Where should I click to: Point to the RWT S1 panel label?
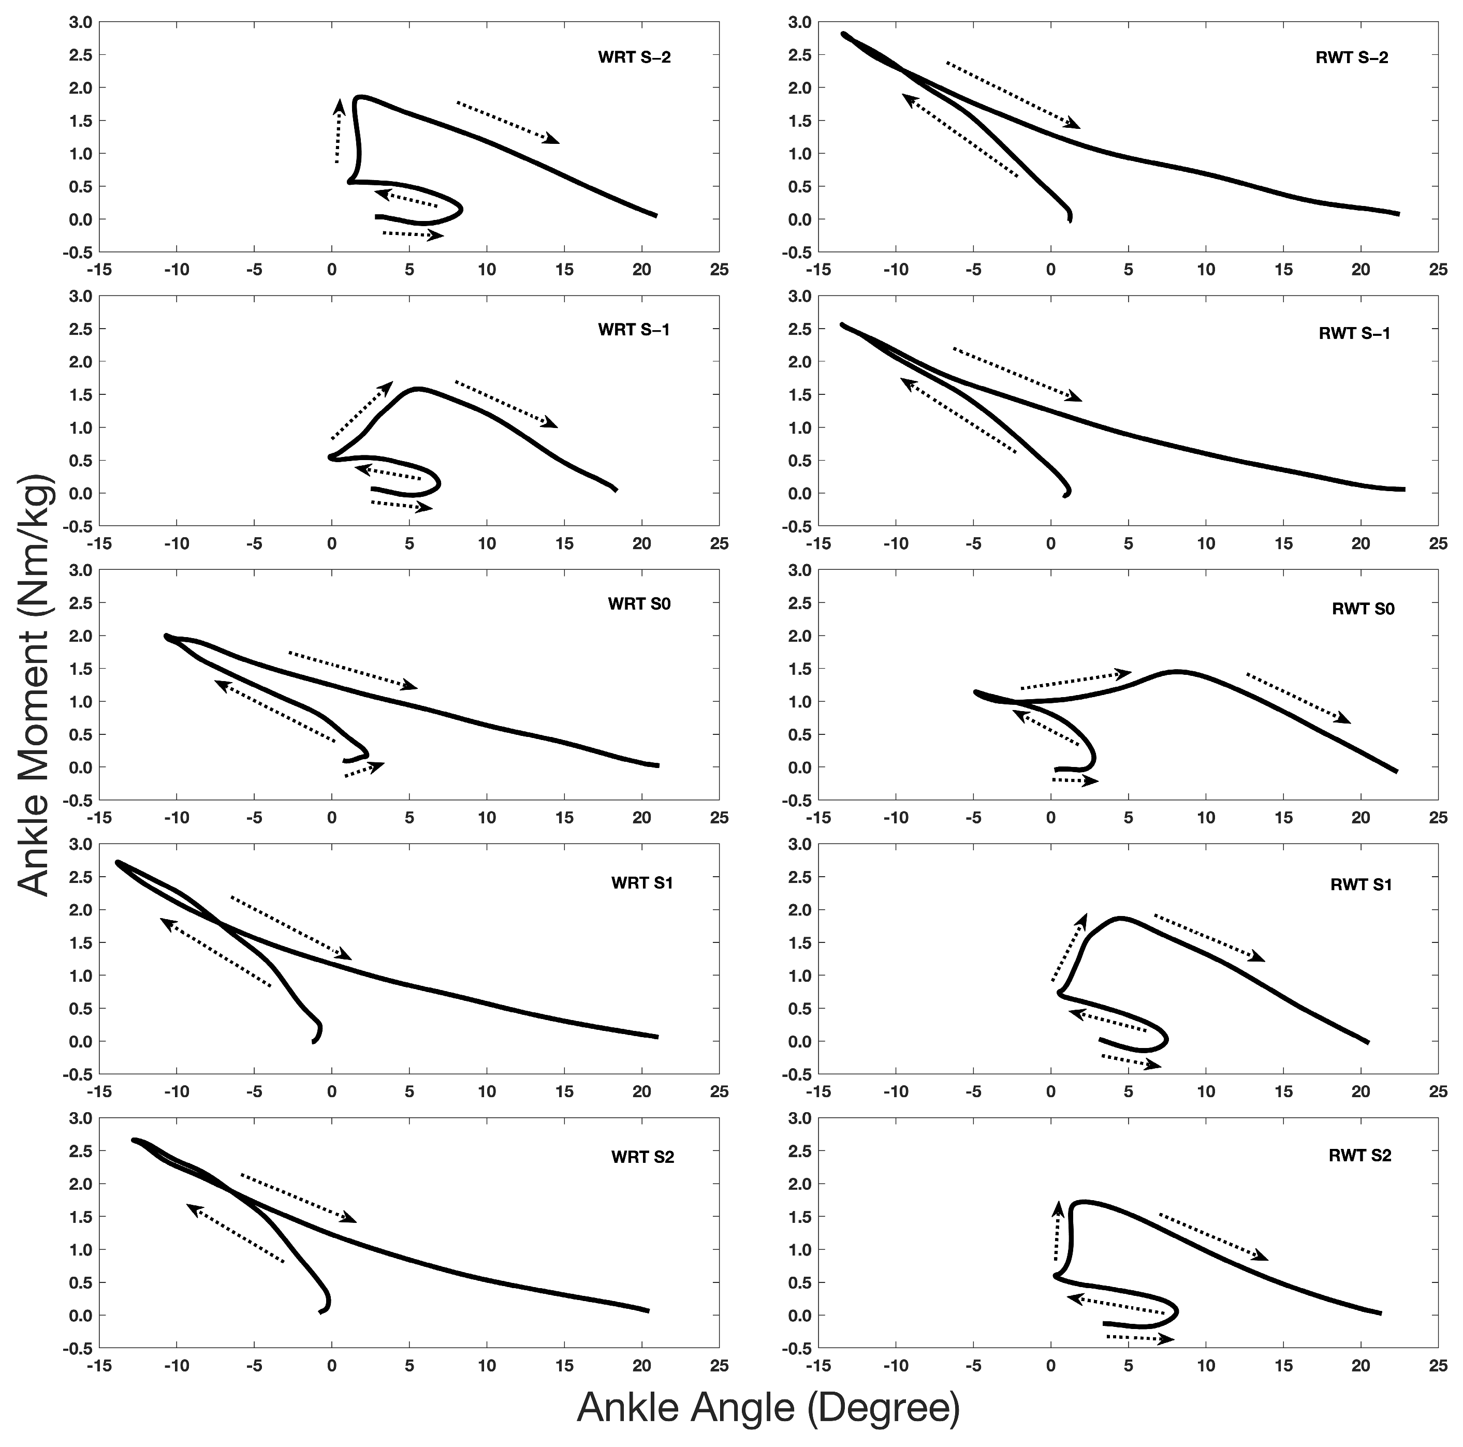pyautogui.click(x=1361, y=884)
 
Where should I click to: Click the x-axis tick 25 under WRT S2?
pyautogui.click(x=719, y=1365)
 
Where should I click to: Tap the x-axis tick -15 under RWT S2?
pyautogui.click(x=818, y=1365)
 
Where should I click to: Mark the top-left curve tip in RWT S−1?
pyautogui.click(x=843, y=325)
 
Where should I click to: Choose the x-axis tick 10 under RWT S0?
pyautogui.click(x=1206, y=818)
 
